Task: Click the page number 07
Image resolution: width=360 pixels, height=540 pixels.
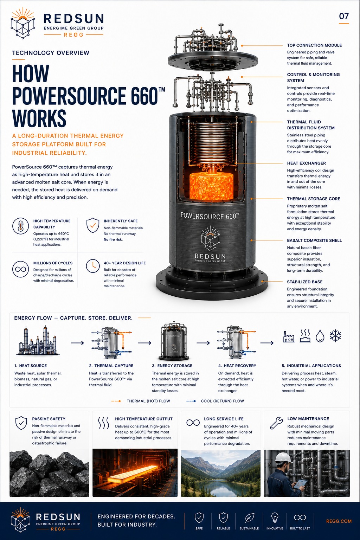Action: [x=344, y=16]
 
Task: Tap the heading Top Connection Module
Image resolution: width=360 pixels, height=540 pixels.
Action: [x=314, y=45]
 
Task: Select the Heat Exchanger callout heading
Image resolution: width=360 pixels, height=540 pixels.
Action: [x=306, y=163]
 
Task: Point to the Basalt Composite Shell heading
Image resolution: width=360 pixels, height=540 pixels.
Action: [x=314, y=240]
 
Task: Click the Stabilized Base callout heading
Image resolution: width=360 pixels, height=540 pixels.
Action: [x=304, y=282]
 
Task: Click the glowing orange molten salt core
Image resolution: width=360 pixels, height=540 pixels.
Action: [x=211, y=186]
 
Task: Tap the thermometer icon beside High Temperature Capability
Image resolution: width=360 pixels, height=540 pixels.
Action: [x=20, y=226]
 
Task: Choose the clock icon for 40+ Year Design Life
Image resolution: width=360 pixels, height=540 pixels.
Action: [x=93, y=266]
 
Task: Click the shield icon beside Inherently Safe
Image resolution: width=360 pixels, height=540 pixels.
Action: [x=93, y=225]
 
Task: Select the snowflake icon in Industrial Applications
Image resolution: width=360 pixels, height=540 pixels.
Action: [x=335, y=336]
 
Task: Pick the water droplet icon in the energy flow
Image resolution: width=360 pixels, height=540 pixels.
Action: [x=320, y=336]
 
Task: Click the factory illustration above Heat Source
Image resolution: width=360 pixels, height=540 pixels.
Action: [x=38, y=341]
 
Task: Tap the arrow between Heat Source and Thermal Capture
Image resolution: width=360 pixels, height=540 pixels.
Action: [x=77, y=343]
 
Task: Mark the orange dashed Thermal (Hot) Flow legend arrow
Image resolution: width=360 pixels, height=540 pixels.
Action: [x=116, y=401]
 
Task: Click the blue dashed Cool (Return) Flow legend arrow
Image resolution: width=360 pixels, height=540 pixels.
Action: [x=191, y=401]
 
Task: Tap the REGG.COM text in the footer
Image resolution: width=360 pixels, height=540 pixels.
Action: [x=339, y=521]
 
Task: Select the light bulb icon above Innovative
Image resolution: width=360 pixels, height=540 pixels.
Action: [x=275, y=517]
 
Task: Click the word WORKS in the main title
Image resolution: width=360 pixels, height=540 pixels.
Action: [x=39, y=118]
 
